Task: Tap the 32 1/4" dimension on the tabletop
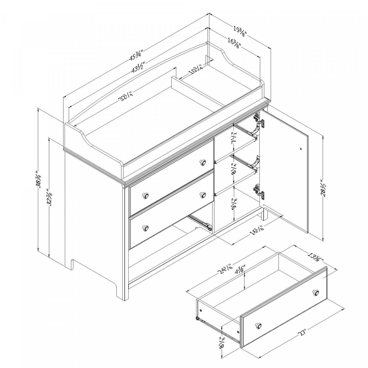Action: click(x=125, y=97)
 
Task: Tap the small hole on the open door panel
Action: click(x=301, y=148)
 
